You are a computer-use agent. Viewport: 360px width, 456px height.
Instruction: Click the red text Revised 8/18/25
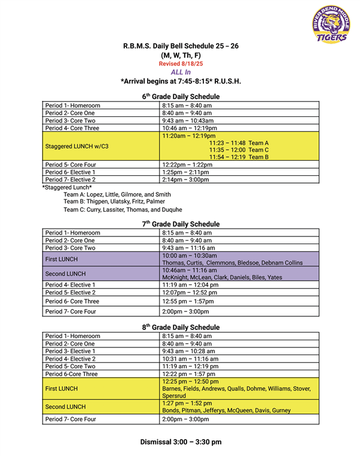coord(181,64)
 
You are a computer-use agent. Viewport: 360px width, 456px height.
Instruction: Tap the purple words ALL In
coord(181,72)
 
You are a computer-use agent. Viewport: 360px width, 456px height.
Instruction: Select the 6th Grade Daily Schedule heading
coord(181,96)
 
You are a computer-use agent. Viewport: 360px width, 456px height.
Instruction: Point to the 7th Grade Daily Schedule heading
coord(181,224)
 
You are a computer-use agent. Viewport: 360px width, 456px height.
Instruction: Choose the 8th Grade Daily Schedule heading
coord(181,327)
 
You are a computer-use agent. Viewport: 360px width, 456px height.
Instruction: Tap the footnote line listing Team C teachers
coord(122,210)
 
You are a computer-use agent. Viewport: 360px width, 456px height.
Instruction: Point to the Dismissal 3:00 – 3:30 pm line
coord(181,442)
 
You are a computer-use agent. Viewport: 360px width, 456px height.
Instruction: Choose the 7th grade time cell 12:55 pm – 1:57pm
coord(188,301)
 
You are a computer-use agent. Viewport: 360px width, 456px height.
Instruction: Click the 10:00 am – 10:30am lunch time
coord(190,256)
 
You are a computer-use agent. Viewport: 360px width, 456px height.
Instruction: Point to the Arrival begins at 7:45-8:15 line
coord(181,81)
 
